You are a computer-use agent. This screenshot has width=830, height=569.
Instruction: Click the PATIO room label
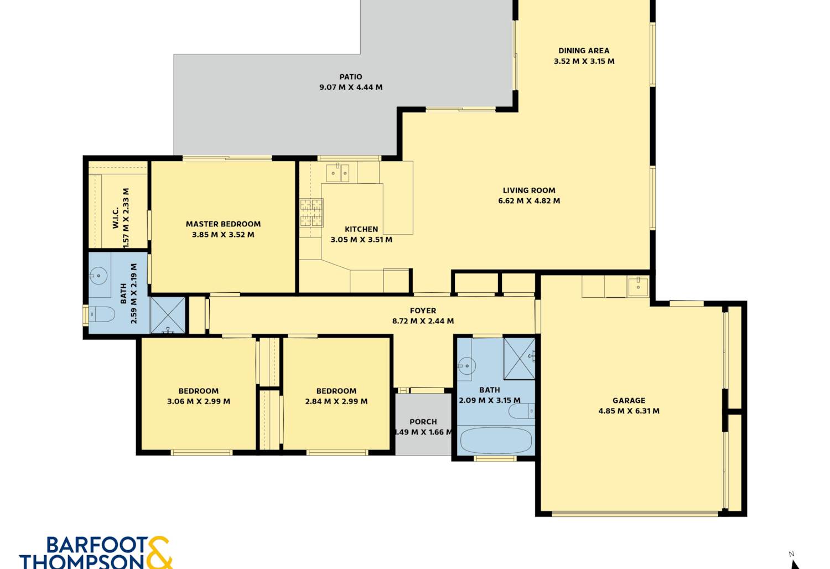coord(350,77)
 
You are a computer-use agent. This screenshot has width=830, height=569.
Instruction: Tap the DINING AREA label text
coord(584,51)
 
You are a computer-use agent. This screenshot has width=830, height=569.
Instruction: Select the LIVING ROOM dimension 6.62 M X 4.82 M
coord(529,201)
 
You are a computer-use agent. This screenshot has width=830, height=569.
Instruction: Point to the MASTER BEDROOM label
coord(223,224)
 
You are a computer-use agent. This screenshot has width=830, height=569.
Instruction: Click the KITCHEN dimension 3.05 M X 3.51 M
coord(361,240)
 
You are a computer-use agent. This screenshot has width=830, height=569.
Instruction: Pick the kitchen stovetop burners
coord(311,213)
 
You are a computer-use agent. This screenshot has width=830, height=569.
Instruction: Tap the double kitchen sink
coord(338,173)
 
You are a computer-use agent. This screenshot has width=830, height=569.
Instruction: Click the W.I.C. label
coord(115,218)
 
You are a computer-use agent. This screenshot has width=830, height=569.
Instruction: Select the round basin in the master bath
coord(98,276)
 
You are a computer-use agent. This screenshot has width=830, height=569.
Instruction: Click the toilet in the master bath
coord(101,314)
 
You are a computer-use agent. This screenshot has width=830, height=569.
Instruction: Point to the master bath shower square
coord(168,315)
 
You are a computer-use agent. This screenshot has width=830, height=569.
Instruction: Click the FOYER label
coord(423,311)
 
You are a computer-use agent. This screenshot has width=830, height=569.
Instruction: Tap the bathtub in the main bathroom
coord(496,441)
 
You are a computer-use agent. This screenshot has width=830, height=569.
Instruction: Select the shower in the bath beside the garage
coord(519,358)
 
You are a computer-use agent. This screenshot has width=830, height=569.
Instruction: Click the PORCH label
coord(423,422)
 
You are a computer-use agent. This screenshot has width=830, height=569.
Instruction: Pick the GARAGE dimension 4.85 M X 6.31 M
coord(629,411)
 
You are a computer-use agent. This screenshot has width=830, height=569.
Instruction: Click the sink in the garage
coord(638,287)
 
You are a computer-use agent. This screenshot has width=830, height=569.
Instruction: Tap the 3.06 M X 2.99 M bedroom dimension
coord(199,401)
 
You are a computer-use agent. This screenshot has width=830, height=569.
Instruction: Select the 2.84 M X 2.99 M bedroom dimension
coord(336,401)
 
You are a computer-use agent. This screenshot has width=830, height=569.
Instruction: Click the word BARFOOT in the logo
coord(97,545)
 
